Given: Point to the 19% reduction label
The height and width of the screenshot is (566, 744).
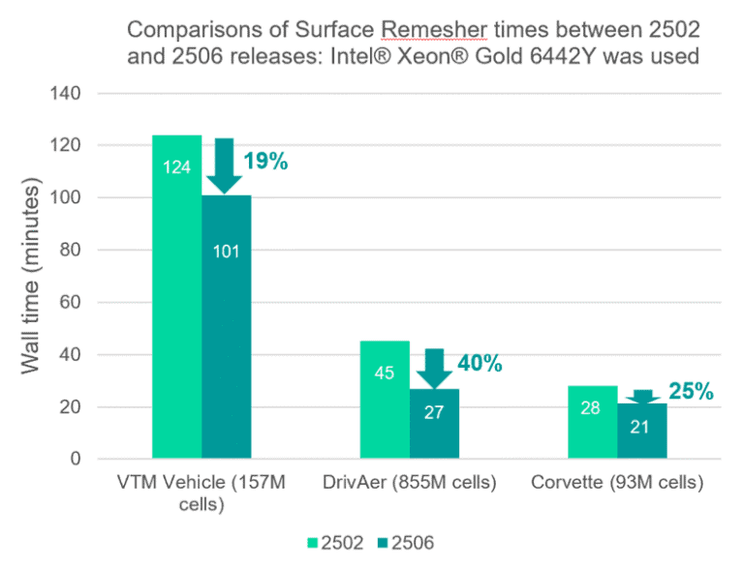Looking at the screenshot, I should click(265, 162).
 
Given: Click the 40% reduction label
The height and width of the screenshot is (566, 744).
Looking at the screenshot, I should click(480, 364).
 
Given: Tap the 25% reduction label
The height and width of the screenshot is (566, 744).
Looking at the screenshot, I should click(690, 392).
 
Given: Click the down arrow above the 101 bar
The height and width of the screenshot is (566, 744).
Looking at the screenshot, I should click(225, 166).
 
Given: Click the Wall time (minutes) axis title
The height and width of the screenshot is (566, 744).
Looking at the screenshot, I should click(30, 277).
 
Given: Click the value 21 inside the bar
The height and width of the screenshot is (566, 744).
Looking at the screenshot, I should click(642, 428).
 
